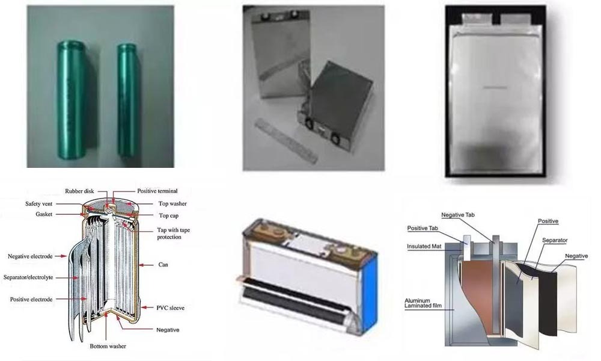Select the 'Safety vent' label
[x=41, y=204]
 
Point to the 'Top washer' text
[x=172, y=204]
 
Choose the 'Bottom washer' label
[x=108, y=347]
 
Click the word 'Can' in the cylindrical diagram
[x=162, y=265]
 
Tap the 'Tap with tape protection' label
[x=177, y=233]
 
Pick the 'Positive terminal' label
[x=157, y=191]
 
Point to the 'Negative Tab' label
[x=460, y=215]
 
